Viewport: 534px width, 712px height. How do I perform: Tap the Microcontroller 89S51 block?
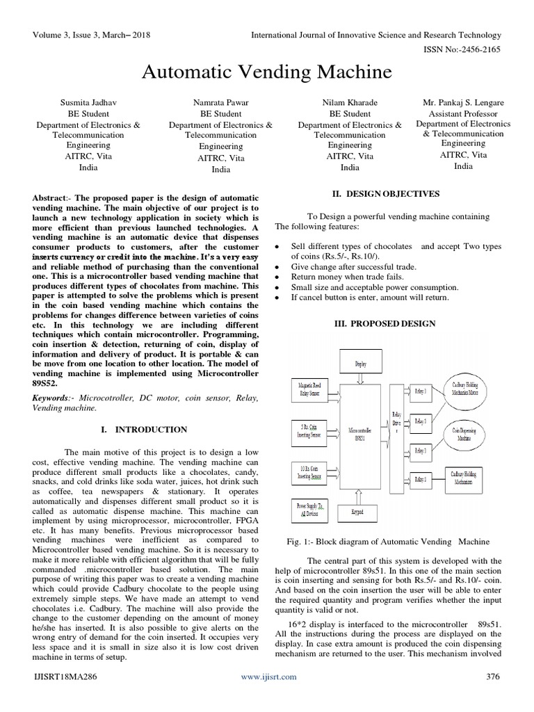360,435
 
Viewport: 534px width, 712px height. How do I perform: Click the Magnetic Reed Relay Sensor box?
307,389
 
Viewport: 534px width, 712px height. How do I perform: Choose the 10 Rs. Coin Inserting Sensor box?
308,473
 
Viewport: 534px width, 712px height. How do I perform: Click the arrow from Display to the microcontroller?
360,379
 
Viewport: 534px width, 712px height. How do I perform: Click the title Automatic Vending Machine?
268,72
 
